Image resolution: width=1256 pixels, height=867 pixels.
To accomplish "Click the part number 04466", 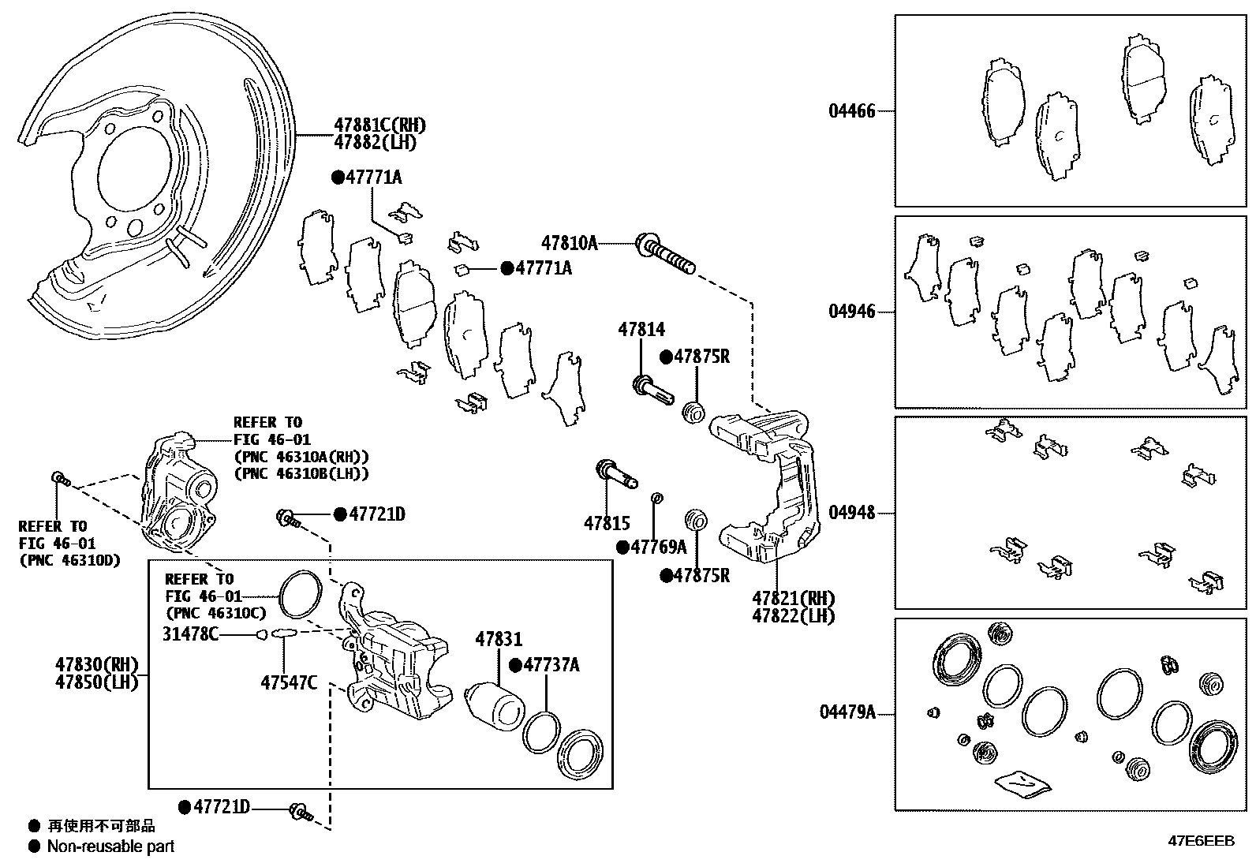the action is tap(851, 111).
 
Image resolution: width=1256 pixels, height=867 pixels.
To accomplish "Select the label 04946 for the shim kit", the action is tap(851, 312).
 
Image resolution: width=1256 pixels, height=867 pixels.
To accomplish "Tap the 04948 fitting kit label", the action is tap(851, 512).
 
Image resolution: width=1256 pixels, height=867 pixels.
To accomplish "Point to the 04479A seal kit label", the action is tap(847, 712).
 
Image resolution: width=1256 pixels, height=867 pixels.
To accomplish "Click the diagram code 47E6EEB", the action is tap(1201, 841).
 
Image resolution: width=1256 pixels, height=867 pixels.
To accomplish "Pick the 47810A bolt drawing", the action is tap(666, 253).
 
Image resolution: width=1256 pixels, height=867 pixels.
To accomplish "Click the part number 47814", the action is tap(641, 329).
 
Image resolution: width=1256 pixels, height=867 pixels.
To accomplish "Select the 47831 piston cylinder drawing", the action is tap(495, 706).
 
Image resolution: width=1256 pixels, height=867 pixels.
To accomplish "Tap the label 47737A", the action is tap(551, 665).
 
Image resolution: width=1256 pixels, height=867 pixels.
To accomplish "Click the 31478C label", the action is tap(190, 633).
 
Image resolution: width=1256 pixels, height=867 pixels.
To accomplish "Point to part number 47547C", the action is tap(289, 682).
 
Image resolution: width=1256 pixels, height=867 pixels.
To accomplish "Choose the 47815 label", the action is tap(607, 523).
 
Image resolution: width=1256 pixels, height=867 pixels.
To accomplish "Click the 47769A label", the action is tap(658, 547).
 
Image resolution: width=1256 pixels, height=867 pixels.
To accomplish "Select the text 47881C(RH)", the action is tap(379, 125).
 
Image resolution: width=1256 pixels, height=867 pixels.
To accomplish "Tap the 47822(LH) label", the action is tap(794, 616).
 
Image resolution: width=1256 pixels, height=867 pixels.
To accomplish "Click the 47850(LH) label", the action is tap(96, 682).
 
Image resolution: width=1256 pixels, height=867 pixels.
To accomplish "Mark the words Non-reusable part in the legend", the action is tap(110, 846).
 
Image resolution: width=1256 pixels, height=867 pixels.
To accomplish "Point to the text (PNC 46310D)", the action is tap(69, 560).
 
